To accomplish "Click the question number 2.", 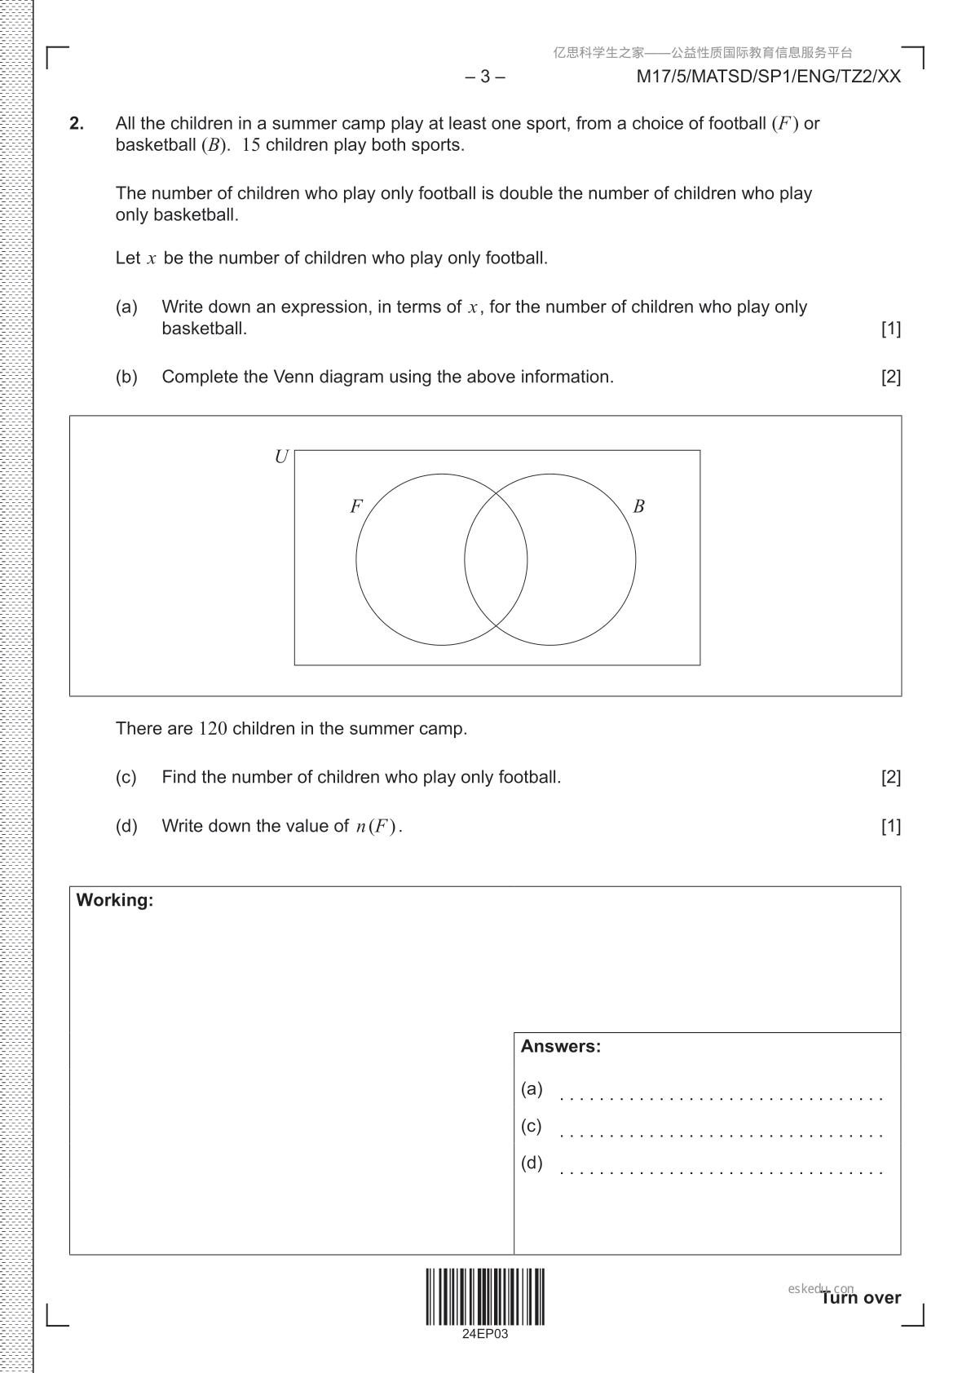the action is click(77, 124).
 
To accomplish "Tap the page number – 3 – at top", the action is click(486, 77).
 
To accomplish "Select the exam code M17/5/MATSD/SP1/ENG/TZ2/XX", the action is click(769, 77).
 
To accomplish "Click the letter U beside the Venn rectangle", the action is click(281, 457).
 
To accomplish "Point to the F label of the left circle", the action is click(355, 506).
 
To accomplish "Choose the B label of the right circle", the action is click(638, 506).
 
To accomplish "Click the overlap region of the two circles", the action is click(496, 559).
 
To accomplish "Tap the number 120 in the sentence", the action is click(213, 729).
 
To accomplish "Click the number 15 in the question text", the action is click(251, 145).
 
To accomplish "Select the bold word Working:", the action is click(115, 900).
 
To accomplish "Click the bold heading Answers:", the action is click(561, 1046).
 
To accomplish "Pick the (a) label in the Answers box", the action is click(532, 1088).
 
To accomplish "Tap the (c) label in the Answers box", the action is click(531, 1126).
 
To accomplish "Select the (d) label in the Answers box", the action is click(532, 1163).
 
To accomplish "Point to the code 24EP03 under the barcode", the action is click(485, 1334).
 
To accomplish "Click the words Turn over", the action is click(861, 1298).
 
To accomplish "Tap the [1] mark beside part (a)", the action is click(891, 329).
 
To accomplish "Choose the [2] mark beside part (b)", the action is click(891, 377).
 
